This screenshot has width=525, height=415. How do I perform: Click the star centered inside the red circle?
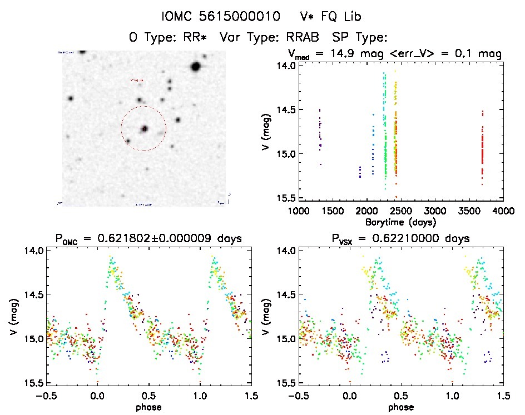tap(144, 128)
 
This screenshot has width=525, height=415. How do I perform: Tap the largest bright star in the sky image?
tap(195, 67)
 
